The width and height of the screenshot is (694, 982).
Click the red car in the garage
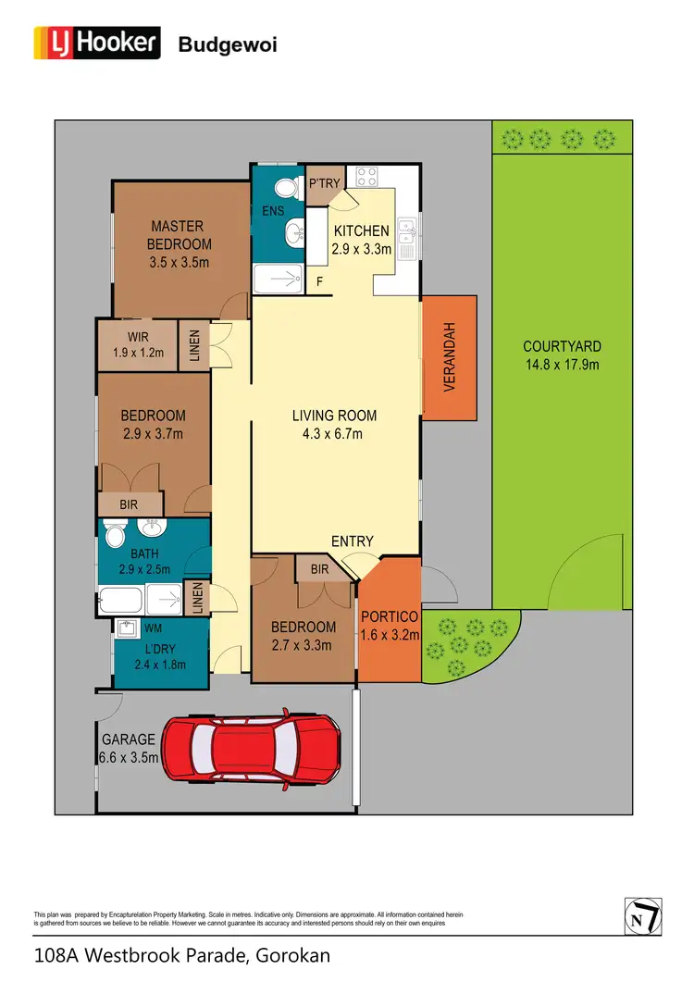click(x=251, y=751)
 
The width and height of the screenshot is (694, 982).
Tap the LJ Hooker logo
click(x=97, y=43)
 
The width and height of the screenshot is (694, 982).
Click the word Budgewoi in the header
click(x=227, y=44)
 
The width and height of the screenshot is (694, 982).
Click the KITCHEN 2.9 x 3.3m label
click(x=362, y=240)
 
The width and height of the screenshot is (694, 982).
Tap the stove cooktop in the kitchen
click(x=366, y=177)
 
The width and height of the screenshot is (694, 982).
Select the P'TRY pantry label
click(x=325, y=183)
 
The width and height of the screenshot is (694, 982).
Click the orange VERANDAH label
click(x=450, y=356)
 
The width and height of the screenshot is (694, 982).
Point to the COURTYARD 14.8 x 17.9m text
click(x=562, y=355)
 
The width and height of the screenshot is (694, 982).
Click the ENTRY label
click(x=353, y=541)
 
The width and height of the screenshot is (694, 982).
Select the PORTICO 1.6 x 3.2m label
click(x=390, y=626)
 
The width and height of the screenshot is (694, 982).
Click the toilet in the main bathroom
click(x=116, y=536)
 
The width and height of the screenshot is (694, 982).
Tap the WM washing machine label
click(x=128, y=628)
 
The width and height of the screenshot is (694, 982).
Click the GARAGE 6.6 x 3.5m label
click(x=130, y=748)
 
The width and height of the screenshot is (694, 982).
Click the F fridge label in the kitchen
click(x=319, y=280)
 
